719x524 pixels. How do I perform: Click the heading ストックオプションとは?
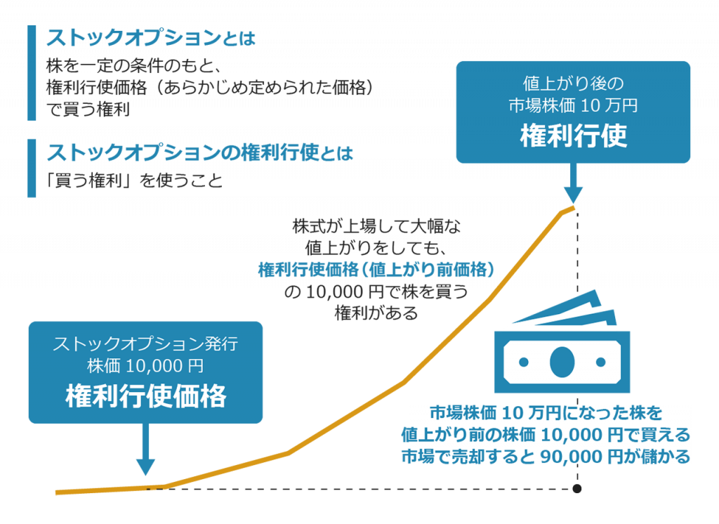(x=151, y=37)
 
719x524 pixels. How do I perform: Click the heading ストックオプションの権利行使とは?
(x=199, y=152)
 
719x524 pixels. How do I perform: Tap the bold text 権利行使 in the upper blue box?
(x=573, y=136)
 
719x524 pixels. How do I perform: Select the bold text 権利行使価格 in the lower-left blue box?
(x=146, y=397)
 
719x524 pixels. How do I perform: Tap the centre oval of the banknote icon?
(x=562, y=361)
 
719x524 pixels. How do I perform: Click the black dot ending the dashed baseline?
(x=577, y=488)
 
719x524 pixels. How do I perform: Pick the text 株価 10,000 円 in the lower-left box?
(x=145, y=366)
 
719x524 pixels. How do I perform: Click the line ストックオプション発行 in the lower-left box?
(x=145, y=345)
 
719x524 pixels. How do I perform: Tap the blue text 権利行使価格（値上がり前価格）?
(x=377, y=270)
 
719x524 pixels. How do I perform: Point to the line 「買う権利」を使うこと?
(x=134, y=181)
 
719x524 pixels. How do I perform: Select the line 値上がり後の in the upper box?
(x=573, y=84)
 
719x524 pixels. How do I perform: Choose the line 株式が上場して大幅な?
(x=376, y=228)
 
